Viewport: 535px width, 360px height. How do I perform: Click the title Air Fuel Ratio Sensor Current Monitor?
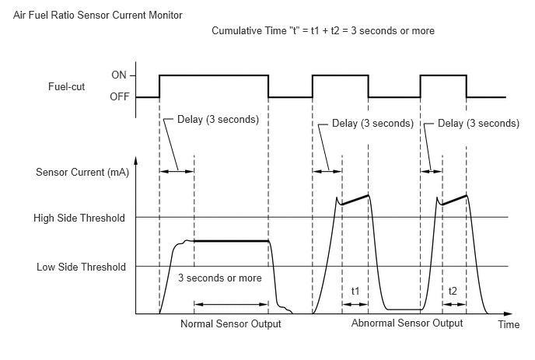(97, 16)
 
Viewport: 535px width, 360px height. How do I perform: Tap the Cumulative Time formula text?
(323, 30)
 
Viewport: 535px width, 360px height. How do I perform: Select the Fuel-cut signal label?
(67, 86)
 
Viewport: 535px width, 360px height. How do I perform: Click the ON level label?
(119, 75)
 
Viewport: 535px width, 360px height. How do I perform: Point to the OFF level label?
(120, 97)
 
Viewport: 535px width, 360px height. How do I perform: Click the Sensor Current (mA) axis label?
(82, 172)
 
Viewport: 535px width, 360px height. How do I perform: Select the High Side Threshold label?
(79, 218)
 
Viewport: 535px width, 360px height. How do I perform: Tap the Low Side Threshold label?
(81, 267)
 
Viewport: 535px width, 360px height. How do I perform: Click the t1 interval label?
(355, 291)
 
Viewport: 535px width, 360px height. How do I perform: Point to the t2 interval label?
(453, 291)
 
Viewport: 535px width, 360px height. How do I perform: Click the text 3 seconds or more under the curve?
(220, 278)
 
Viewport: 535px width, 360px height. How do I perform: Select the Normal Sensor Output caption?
(231, 323)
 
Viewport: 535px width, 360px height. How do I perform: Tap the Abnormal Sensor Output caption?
(407, 323)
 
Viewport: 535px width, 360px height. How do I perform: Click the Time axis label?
(509, 324)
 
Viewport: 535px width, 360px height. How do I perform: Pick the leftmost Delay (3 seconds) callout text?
(218, 120)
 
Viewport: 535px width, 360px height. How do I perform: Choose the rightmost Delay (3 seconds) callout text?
(478, 123)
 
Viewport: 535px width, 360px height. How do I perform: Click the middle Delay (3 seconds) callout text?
(372, 123)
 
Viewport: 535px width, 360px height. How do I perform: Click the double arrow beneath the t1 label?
(355, 304)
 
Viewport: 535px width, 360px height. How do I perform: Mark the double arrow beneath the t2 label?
(454, 304)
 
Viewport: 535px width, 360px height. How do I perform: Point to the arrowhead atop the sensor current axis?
(136, 159)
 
